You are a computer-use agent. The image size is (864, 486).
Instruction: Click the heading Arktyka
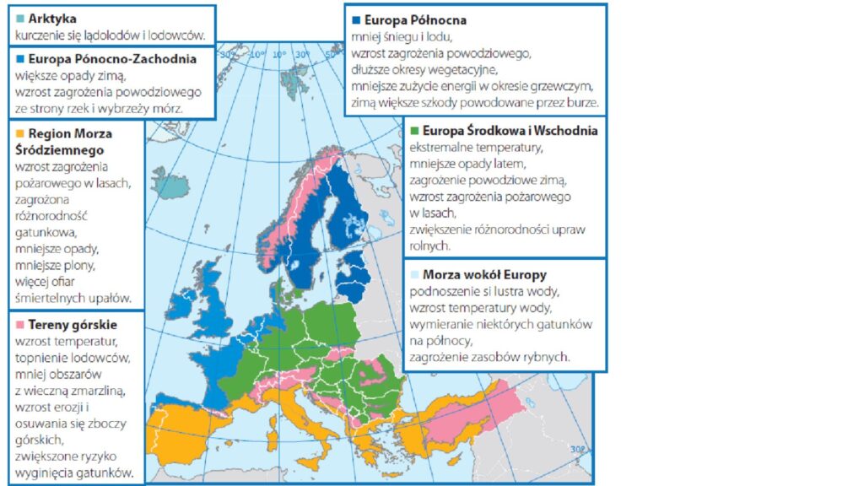[52, 18]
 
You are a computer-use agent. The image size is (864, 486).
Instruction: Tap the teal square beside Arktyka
[20, 18]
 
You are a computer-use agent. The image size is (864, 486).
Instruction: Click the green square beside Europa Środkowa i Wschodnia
[413, 131]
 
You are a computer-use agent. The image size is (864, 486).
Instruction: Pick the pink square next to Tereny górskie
[20, 324]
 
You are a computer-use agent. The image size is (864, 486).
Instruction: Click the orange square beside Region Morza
[20, 133]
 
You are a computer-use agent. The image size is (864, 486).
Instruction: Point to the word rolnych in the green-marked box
[429, 246]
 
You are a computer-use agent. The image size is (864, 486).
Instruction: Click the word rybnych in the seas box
[548, 357]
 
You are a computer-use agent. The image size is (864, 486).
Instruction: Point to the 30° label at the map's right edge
[578, 449]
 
